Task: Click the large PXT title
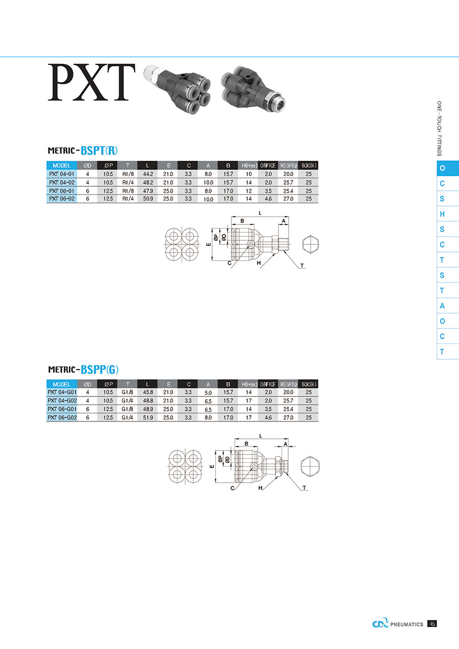[x=91, y=82]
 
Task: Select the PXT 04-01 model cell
[x=62, y=174]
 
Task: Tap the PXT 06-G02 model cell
[x=62, y=417]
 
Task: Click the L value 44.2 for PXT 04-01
[x=148, y=174]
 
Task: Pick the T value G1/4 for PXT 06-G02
[x=127, y=417]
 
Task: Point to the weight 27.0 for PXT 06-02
[x=289, y=199]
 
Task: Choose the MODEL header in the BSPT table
[x=62, y=165]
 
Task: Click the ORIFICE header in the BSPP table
[x=268, y=384]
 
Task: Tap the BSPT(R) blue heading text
[x=99, y=151]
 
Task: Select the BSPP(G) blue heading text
[x=99, y=370]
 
